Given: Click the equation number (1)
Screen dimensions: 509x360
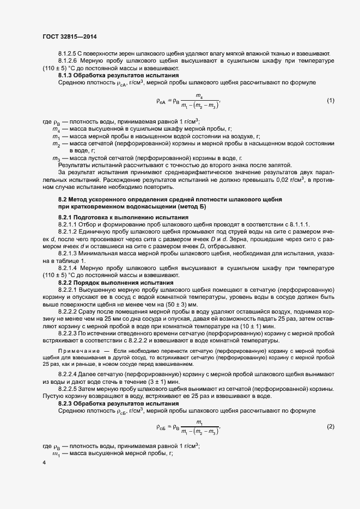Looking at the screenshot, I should click(x=330, y=101).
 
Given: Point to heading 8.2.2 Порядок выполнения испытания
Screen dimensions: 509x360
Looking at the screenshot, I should click(x=116, y=283).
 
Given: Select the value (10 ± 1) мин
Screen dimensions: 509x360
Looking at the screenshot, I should click(x=247, y=326).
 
